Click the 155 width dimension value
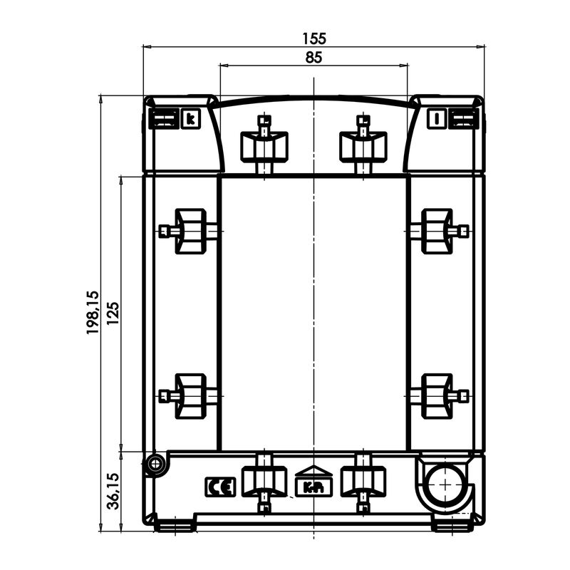click(314, 38)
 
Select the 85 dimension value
click(313, 58)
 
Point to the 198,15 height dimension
click(93, 312)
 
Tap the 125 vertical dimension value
click(113, 313)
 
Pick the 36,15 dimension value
click(113, 491)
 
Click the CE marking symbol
click(220, 487)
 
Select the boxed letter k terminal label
click(190, 118)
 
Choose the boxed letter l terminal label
click(437, 118)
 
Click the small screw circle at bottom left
click(155, 464)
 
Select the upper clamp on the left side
click(189, 231)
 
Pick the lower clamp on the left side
click(189, 396)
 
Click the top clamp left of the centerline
click(264, 145)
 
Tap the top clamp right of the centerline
click(363, 145)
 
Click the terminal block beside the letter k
click(164, 118)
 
